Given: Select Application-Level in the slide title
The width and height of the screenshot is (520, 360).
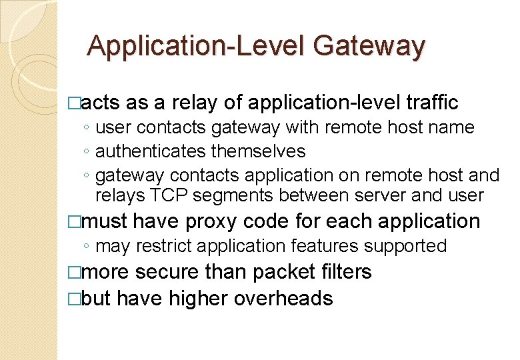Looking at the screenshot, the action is click(x=196, y=47).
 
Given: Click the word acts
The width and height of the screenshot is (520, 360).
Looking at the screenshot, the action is click(x=101, y=102).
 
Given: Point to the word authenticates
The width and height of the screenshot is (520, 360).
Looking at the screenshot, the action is click(x=151, y=151).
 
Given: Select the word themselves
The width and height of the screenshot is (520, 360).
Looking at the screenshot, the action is click(x=258, y=151).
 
